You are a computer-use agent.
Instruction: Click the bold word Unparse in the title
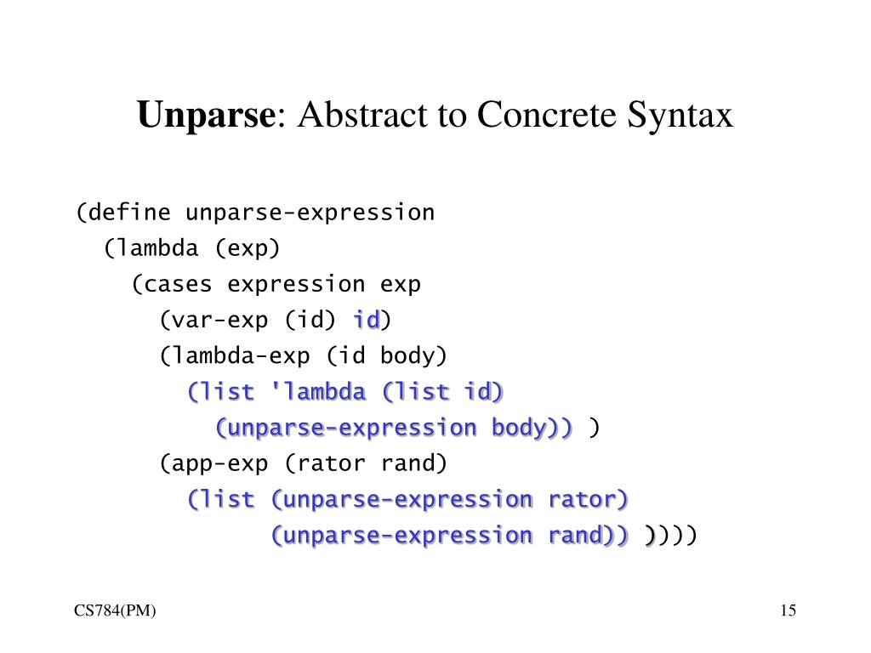pyautogui.click(x=203, y=115)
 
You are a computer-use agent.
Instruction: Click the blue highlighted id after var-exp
pyautogui.click(x=367, y=321)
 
